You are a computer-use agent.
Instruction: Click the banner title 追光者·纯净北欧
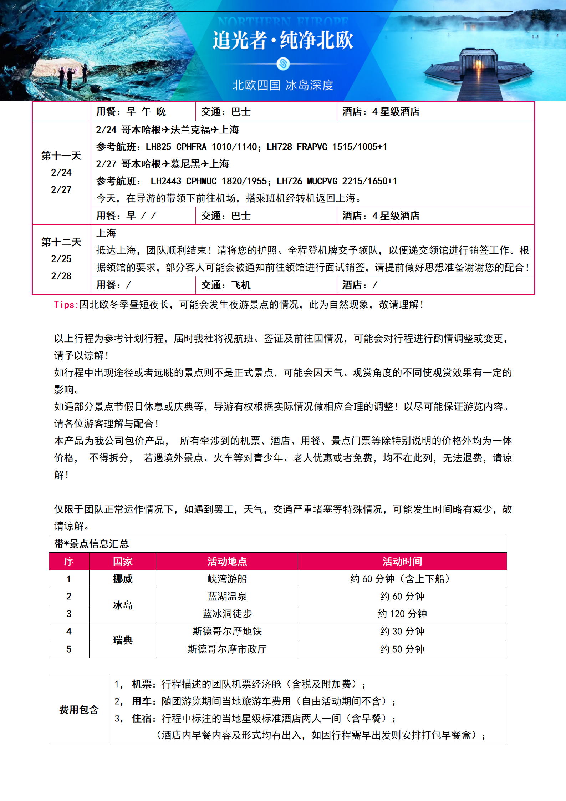tap(283, 40)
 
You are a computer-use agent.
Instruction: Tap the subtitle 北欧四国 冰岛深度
tap(283, 85)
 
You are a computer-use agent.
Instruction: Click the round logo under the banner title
tap(283, 64)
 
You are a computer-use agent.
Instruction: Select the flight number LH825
tap(158, 147)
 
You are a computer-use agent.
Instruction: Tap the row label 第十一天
tap(61, 156)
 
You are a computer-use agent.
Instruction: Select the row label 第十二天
tap(61, 242)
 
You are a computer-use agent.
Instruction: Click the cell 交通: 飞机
tap(226, 285)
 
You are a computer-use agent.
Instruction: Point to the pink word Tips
tap(66, 305)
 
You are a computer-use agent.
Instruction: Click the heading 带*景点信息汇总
tap(91, 544)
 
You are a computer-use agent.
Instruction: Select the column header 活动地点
tap(227, 562)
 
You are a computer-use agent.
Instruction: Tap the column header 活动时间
tap(402, 562)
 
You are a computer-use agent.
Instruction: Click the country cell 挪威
tap(123, 579)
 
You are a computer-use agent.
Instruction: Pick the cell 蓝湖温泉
tap(227, 597)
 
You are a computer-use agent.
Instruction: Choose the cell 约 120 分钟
tap(402, 614)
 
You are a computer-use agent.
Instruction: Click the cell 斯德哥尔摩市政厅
tap(227, 649)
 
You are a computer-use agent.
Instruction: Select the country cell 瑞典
tap(123, 640)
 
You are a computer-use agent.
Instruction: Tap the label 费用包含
tap(79, 710)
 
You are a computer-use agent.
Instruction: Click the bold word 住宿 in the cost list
tap(142, 718)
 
